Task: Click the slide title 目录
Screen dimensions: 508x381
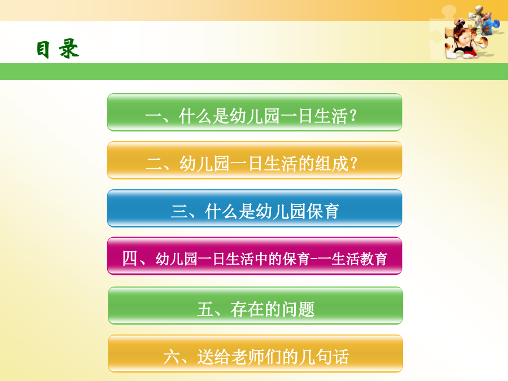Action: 58,49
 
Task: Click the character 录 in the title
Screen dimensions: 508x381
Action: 69,49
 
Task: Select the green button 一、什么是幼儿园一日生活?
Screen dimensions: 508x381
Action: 255,112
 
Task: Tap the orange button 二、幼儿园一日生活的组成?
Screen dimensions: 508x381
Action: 255,160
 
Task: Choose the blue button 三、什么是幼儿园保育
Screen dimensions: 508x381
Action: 255,208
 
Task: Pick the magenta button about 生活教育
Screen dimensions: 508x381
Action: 255,256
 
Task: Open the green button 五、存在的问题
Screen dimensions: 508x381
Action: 255,305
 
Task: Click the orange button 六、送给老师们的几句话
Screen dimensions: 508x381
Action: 255,353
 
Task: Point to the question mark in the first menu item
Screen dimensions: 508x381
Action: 353,116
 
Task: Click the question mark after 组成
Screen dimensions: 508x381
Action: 353,164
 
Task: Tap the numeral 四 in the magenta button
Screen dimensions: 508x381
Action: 130,259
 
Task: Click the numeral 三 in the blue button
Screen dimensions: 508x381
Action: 179,211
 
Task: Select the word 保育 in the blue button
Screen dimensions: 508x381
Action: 323,212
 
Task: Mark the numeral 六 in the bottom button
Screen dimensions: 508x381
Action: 172,357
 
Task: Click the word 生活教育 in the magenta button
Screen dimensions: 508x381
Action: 359,259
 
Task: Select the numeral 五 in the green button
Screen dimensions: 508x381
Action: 205,309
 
